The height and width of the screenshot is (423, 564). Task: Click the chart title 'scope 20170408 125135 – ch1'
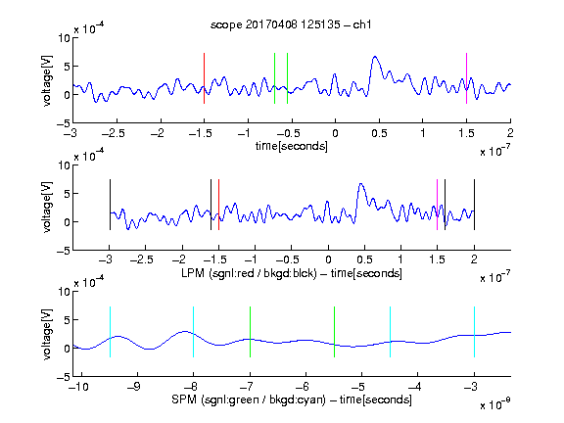tap(291, 24)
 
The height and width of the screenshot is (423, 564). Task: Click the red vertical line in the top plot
tap(204, 78)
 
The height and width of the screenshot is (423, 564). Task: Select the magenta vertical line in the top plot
tap(466, 78)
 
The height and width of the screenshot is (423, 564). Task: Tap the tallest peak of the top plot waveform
tap(375, 57)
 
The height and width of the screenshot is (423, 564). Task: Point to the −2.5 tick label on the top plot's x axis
tap(113, 133)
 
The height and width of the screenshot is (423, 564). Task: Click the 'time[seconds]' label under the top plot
tap(292, 146)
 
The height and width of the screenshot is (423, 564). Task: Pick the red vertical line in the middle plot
tap(218, 205)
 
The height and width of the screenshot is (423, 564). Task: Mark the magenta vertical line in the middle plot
tap(437, 205)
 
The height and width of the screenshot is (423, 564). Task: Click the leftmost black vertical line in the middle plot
tap(110, 205)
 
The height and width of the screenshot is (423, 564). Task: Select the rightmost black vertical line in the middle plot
tap(475, 205)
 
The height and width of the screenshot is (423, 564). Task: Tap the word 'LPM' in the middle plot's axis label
tap(193, 273)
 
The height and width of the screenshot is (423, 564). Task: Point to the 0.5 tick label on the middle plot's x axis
tap(364, 259)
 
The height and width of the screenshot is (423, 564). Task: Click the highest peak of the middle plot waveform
tap(361, 184)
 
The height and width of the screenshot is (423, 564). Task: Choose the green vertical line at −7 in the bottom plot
tap(250, 332)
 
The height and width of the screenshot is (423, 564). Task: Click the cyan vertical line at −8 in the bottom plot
tap(193, 332)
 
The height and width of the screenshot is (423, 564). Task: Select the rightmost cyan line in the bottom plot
tap(475, 332)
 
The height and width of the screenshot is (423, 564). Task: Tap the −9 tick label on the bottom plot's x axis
tap(134, 387)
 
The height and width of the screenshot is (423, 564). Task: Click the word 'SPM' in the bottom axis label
tap(184, 399)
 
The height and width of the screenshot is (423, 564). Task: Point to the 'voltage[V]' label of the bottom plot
tap(47, 334)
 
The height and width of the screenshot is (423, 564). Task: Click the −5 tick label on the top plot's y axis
tap(64, 123)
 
